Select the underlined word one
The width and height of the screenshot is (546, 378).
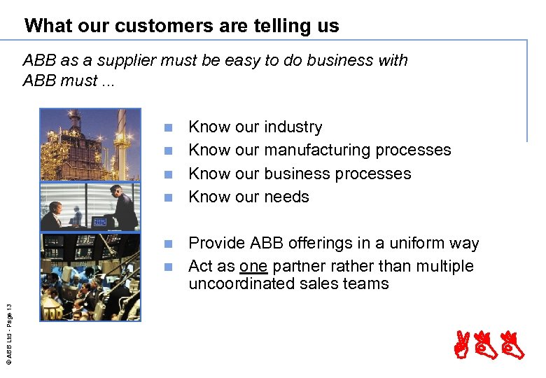253,267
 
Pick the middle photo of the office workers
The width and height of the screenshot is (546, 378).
90,207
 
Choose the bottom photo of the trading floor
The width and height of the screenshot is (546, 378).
90,276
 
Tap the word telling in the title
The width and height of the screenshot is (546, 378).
268,27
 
